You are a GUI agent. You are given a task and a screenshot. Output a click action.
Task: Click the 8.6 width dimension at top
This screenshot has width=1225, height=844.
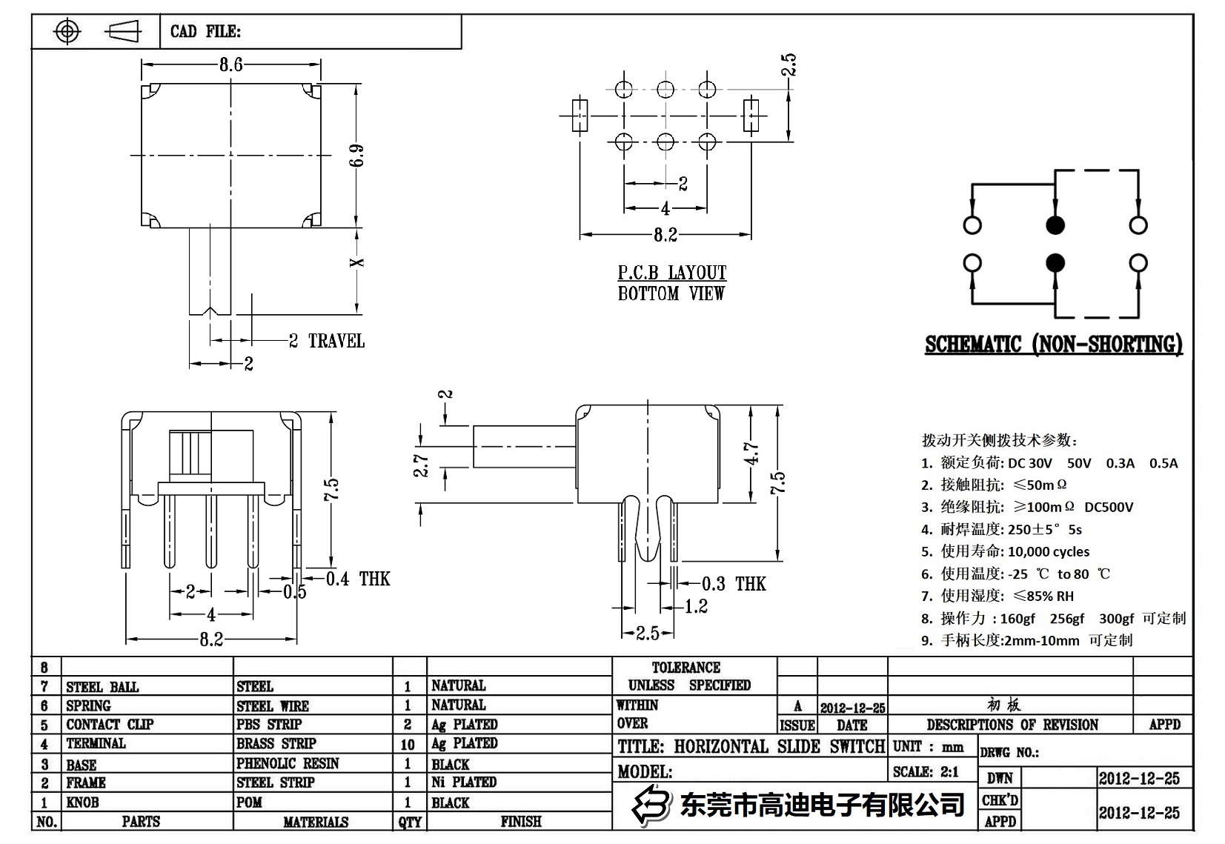[x=230, y=64]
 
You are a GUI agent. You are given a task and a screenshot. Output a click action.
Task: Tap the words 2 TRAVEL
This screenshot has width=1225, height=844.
[x=327, y=341]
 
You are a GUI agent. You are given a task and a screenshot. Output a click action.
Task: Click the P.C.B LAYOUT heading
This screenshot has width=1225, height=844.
[x=671, y=273]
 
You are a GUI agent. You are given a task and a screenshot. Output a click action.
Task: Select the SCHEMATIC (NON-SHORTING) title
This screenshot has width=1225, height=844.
[x=1053, y=345]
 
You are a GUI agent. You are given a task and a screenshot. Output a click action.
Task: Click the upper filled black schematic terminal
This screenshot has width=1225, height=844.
[x=1055, y=225]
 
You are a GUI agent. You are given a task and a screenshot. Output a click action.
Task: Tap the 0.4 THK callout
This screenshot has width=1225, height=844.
[x=358, y=579]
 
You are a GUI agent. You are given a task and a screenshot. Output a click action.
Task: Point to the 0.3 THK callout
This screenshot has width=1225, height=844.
[x=733, y=584]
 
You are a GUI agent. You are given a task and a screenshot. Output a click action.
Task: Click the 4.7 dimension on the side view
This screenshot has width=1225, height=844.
[x=751, y=453]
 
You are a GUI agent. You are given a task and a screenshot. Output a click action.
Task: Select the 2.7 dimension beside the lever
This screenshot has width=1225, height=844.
[x=422, y=465]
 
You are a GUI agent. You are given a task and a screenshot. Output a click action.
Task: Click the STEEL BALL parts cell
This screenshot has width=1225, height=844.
[x=102, y=687]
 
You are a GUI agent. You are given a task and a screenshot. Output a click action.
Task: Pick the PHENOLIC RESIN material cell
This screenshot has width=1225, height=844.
[x=288, y=763]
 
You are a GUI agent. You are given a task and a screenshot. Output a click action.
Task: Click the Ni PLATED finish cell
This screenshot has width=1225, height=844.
[x=464, y=782]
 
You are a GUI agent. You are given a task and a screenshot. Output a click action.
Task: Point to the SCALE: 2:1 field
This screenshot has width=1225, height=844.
[x=926, y=771]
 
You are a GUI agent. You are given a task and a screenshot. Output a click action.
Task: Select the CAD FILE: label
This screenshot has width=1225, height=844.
[x=205, y=31]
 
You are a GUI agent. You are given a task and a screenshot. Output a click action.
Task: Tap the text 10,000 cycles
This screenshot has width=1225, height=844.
[x=1048, y=551]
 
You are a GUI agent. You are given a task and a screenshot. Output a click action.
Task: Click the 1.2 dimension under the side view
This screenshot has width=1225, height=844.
[x=696, y=607]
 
